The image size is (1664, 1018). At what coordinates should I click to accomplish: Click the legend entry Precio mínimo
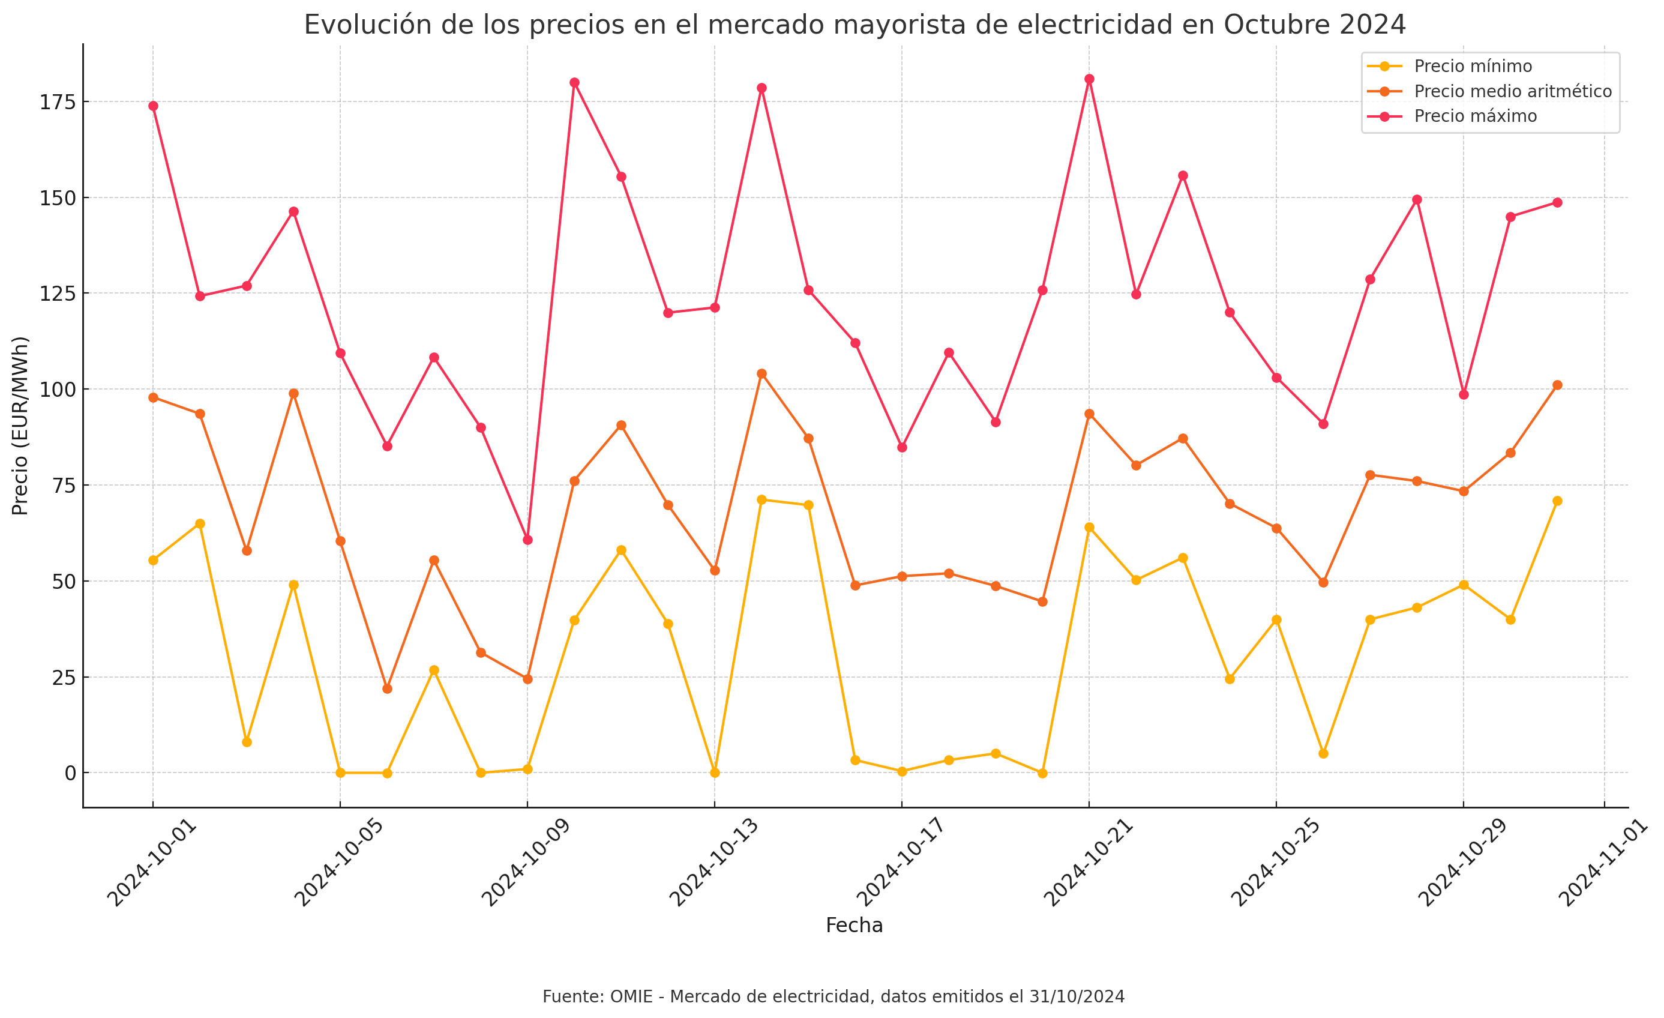pyautogui.click(x=1472, y=66)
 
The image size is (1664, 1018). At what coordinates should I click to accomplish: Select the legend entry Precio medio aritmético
pyautogui.click(x=1512, y=91)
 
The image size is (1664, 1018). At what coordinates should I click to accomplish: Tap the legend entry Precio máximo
pyautogui.click(x=1475, y=116)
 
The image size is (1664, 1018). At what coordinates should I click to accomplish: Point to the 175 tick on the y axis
pyautogui.click(x=57, y=102)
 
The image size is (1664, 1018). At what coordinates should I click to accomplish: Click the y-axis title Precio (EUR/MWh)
pyautogui.click(x=20, y=426)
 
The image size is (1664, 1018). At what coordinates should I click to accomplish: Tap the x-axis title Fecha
pyautogui.click(x=854, y=926)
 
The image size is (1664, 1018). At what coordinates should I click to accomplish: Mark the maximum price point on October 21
pyautogui.click(x=1089, y=79)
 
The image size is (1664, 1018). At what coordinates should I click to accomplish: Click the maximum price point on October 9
pyautogui.click(x=527, y=540)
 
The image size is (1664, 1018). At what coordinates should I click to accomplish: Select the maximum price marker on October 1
pyautogui.click(x=153, y=106)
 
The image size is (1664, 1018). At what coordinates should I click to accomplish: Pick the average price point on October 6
pyautogui.click(x=387, y=688)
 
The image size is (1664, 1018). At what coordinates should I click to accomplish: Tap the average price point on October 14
pyautogui.click(x=761, y=373)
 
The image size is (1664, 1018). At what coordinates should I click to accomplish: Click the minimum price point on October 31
pyautogui.click(x=1557, y=501)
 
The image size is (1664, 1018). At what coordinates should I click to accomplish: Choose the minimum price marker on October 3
pyautogui.click(x=247, y=742)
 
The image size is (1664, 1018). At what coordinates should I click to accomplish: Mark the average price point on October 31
pyautogui.click(x=1557, y=385)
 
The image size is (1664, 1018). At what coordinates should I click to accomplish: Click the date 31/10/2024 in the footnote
pyautogui.click(x=1077, y=996)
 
